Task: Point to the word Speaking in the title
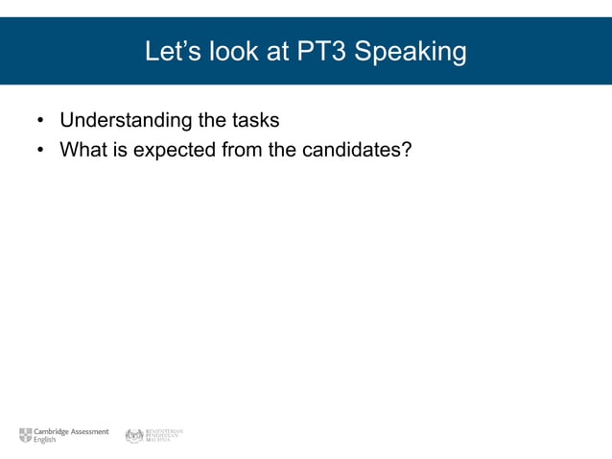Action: (x=411, y=52)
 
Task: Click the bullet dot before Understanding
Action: (x=40, y=122)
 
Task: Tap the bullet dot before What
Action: (x=40, y=151)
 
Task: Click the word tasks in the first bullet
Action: (x=254, y=121)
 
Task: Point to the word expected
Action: (x=168, y=150)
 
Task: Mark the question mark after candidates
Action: (x=406, y=150)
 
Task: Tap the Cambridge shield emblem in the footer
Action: (x=26, y=435)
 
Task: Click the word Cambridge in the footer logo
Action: (x=53, y=431)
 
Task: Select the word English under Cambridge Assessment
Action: (x=45, y=440)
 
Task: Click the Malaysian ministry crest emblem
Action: (x=133, y=435)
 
